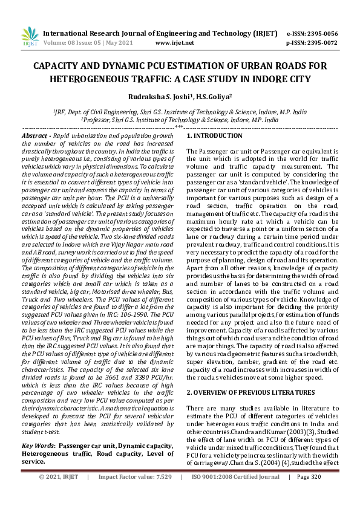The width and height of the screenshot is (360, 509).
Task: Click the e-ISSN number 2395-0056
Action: pyautogui.click(x=323, y=33)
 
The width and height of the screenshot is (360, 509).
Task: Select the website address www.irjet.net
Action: pyautogui.click(x=175, y=43)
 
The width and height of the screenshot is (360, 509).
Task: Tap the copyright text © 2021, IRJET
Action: pyautogui.click(x=59, y=494)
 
